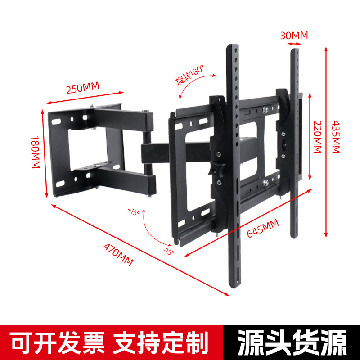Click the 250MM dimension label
(82, 88)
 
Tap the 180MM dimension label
(36, 153)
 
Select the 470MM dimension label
(118, 255)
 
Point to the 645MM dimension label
(263, 229)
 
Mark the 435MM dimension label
(336, 136)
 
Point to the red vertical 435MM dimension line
(325, 139)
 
